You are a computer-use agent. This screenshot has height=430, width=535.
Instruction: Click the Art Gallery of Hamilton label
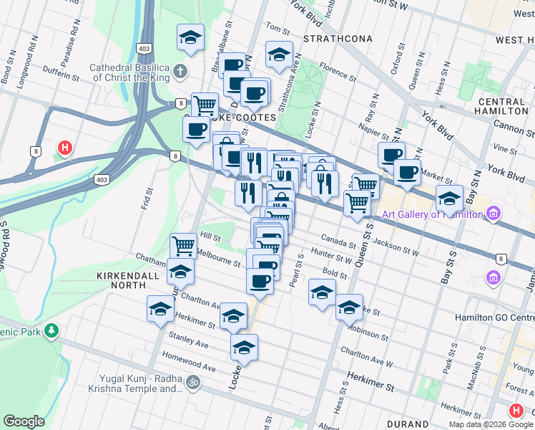[x=433, y=213]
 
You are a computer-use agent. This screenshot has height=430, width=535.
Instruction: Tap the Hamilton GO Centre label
[x=494, y=317]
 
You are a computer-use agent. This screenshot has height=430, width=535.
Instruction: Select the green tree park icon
[x=51, y=330]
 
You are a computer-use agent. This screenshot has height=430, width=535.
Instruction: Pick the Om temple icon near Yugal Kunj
[x=191, y=383]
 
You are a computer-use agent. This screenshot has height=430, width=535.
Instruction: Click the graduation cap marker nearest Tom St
[x=279, y=53]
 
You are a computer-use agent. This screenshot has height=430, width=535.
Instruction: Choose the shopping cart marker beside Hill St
[x=183, y=245]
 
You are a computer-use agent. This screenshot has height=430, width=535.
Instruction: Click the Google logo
[x=24, y=421]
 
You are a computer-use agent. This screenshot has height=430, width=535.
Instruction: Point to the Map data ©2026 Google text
[x=490, y=424]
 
